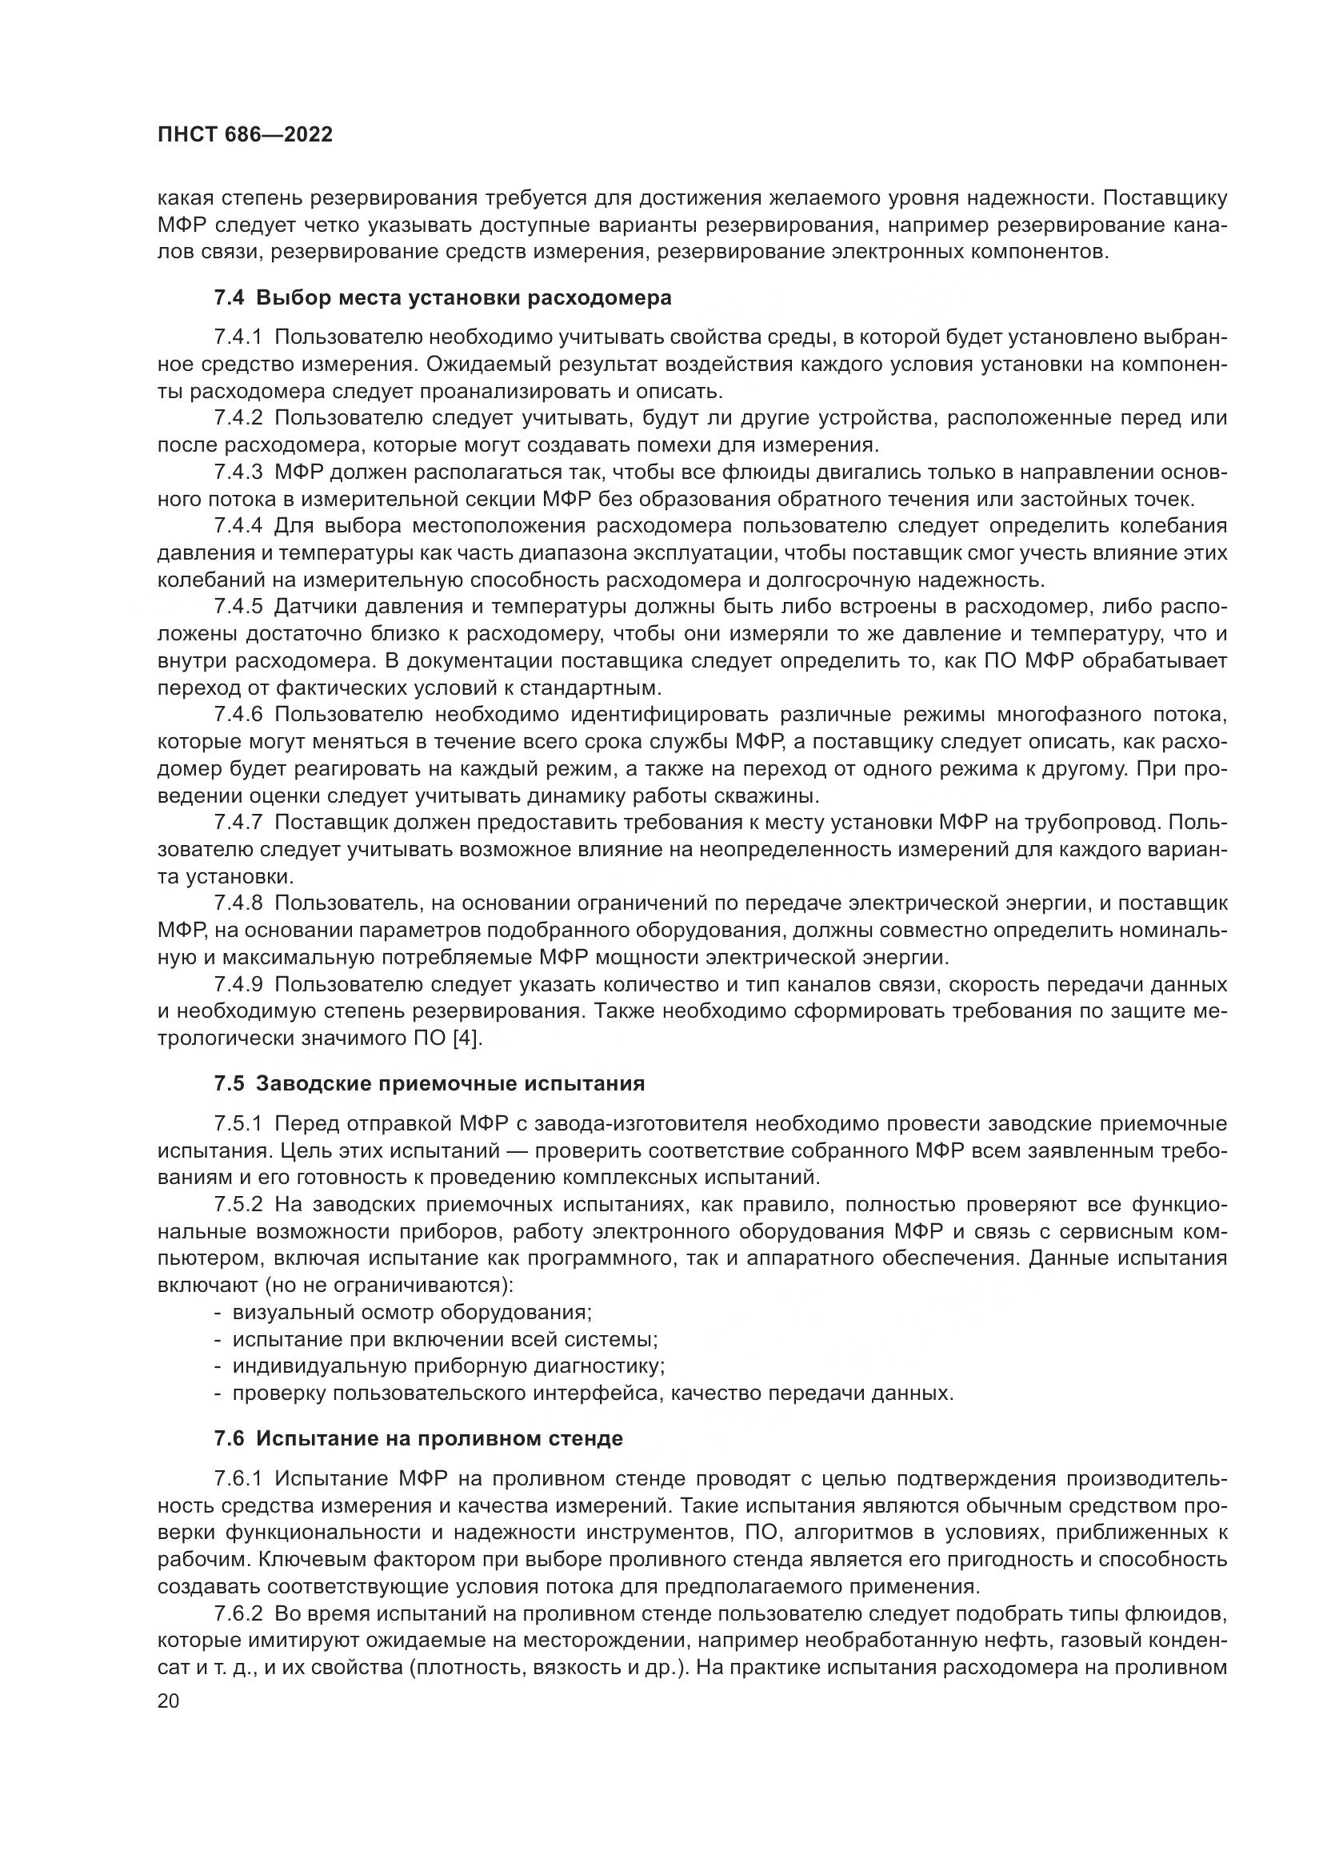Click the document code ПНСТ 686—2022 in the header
246,135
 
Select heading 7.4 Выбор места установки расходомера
442,298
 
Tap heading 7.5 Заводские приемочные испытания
430,1083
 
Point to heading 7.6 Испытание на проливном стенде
418,1438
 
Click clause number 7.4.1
238,338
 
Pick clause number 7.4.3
238,472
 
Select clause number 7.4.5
238,607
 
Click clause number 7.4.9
238,985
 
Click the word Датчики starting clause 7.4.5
313,607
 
